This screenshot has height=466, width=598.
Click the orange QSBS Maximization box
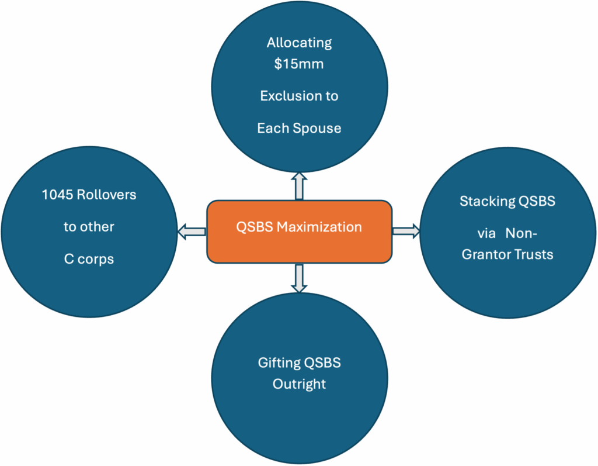[x=299, y=231]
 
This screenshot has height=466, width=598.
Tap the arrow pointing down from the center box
[x=299, y=278]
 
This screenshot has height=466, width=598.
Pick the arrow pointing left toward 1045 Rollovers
[x=192, y=232]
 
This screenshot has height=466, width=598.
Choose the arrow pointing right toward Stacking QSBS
[x=406, y=231]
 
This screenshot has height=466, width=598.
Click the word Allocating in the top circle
[x=299, y=43]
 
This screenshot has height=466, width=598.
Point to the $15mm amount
[x=299, y=64]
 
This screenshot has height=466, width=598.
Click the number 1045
[x=57, y=195]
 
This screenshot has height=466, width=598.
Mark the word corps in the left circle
[x=96, y=259]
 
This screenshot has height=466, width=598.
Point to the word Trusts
[x=533, y=255]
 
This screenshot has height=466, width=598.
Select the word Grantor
[x=486, y=255]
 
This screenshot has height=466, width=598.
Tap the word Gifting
[x=279, y=363]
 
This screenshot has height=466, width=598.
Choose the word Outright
[x=299, y=384]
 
